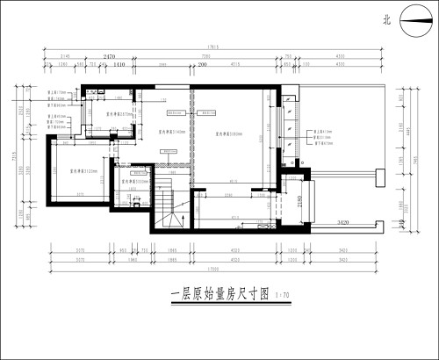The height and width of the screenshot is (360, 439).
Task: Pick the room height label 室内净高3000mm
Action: pos(134,182)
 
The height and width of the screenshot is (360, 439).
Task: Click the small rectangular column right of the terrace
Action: pos(378,176)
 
